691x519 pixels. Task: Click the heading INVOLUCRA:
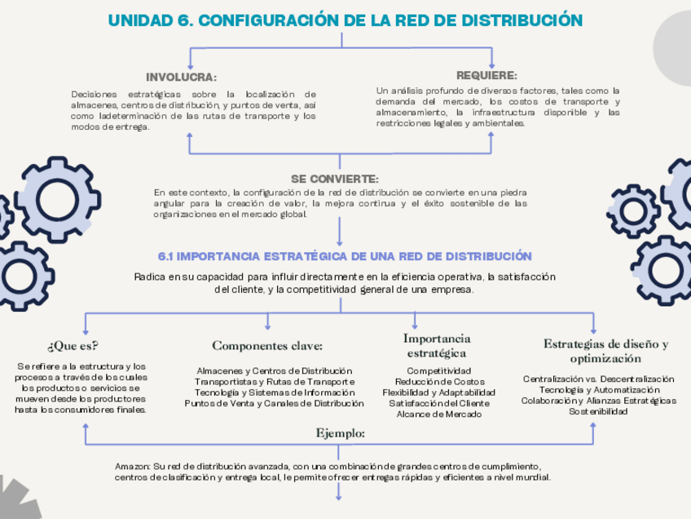point(181,78)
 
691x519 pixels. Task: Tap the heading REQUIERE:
point(486,75)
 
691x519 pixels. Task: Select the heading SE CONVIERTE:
point(334,179)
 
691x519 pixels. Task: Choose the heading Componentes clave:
point(267,346)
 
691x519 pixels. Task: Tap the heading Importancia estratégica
point(436,345)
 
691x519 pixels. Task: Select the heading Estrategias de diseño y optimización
point(605,351)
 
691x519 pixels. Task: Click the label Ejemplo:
point(340,432)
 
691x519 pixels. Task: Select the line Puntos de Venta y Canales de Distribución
point(274,403)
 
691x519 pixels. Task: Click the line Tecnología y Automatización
point(598,390)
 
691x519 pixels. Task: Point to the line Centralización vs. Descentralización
point(598,379)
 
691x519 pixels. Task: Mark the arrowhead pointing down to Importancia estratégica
point(415,326)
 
